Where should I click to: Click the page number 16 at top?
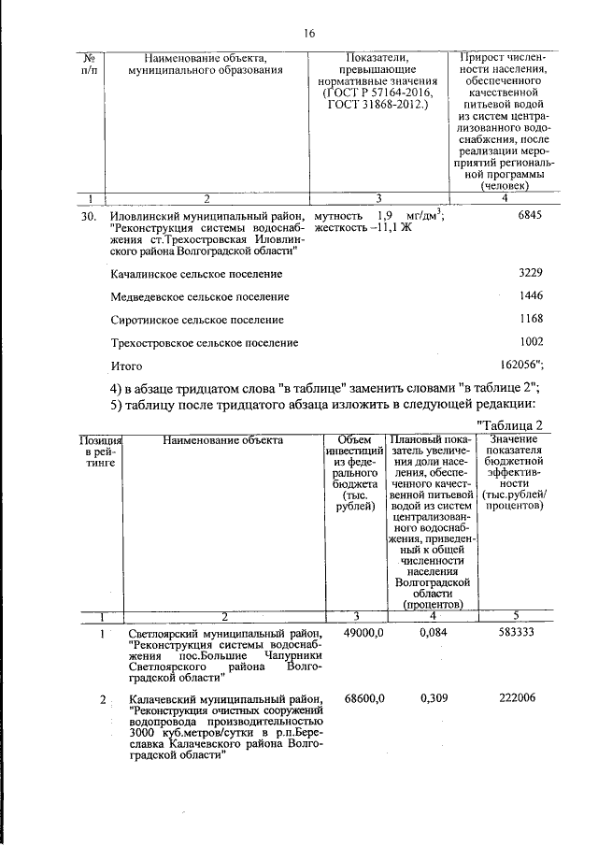(309, 34)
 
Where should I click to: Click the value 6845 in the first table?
(529, 215)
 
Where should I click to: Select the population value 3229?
(530, 273)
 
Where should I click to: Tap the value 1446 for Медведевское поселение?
(530, 296)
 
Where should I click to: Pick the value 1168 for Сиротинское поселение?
(530, 320)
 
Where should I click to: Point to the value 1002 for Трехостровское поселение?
(530, 342)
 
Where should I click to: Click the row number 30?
(90, 216)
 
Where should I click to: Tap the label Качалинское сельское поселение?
(196, 274)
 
